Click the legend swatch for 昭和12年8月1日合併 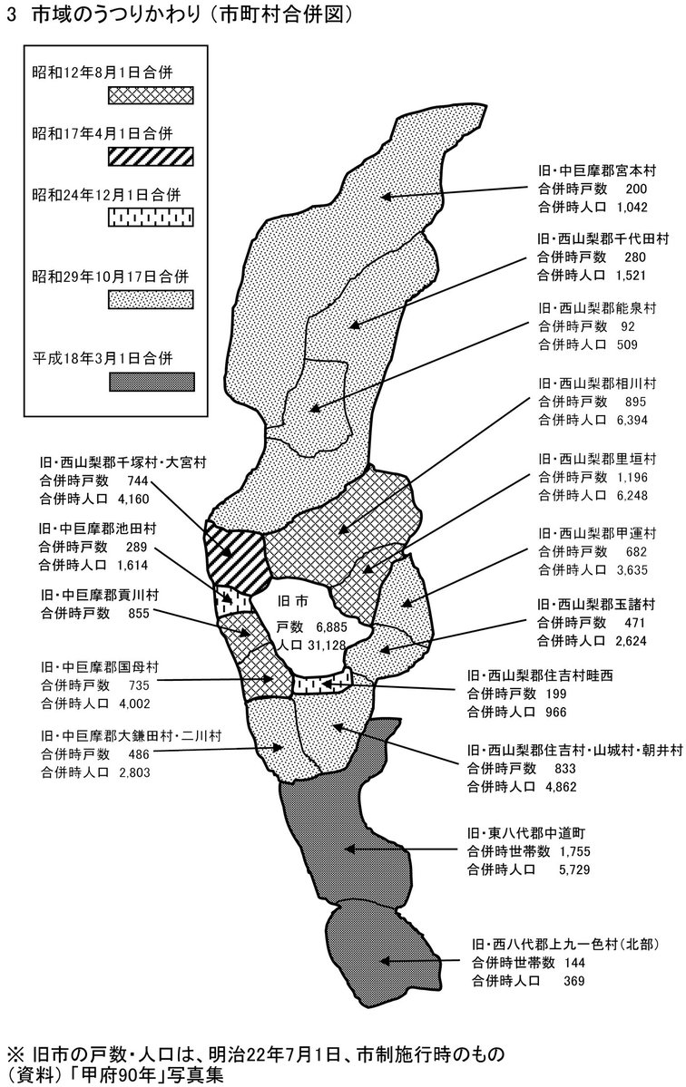pyautogui.click(x=152, y=96)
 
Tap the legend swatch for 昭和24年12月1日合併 pyautogui.click(x=152, y=218)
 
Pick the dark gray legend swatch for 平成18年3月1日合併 pyautogui.click(x=152, y=382)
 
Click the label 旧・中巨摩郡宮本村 pyautogui.click(x=597, y=170)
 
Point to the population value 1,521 pyautogui.click(x=630, y=276)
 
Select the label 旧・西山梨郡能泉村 pyautogui.click(x=597, y=308)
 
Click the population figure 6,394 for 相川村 pyautogui.click(x=631, y=420)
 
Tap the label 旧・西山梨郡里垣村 pyautogui.click(x=597, y=459)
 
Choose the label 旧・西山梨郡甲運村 pyautogui.click(x=597, y=534)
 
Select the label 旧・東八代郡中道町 pyautogui.click(x=528, y=832)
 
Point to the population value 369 pyautogui.click(x=573, y=981)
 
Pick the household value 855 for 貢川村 pyautogui.click(x=141, y=613)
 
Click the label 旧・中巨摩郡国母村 pyautogui.click(x=100, y=667)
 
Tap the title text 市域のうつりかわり pyautogui.click(x=120, y=17)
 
